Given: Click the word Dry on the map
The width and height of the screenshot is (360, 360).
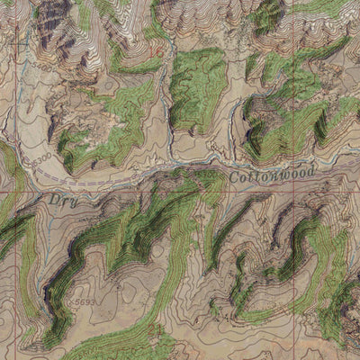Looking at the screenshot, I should click(x=59, y=199).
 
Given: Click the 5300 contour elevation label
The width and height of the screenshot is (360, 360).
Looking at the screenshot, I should click(x=39, y=159).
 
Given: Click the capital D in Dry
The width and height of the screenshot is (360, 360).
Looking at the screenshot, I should click(x=52, y=198).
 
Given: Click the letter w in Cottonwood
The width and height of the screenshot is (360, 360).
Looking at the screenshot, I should click(x=274, y=177).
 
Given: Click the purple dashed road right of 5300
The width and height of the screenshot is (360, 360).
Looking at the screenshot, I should click(x=81, y=179).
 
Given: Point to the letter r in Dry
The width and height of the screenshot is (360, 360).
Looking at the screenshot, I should click(x=60, y=200).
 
